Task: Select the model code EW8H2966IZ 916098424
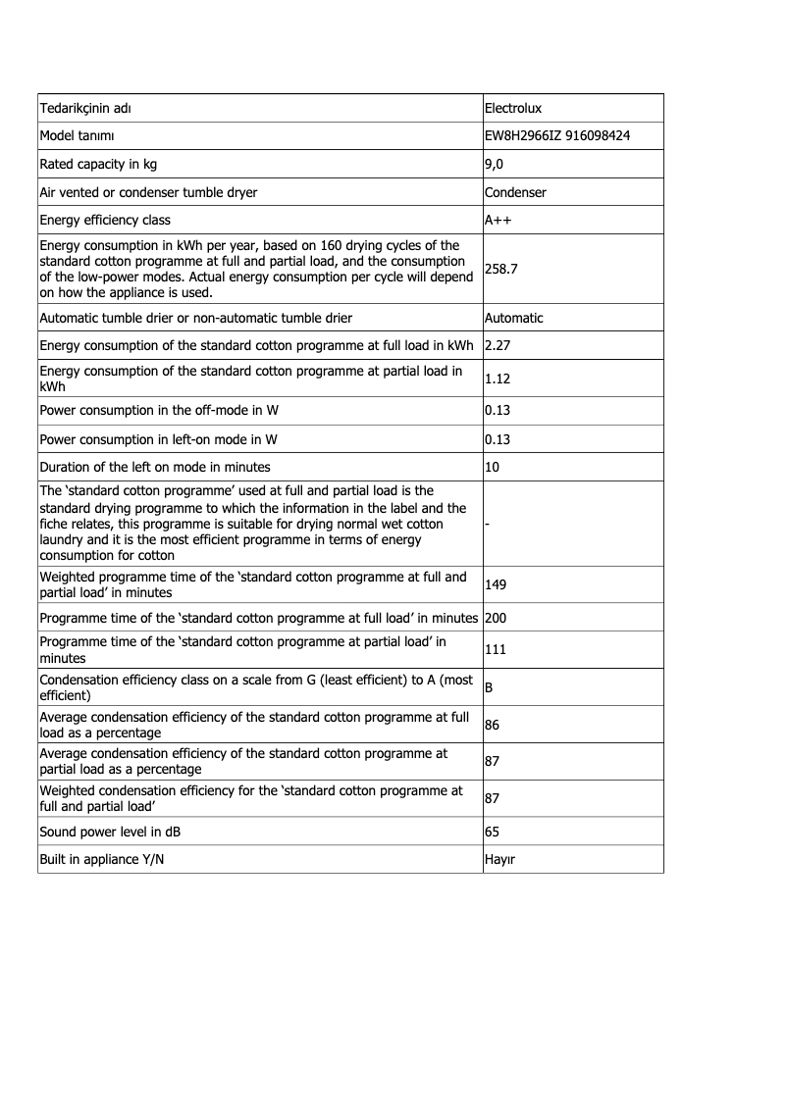click(x=557, y=135)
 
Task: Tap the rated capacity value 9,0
click(x=494, y=164)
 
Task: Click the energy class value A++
click(x=498, y=220)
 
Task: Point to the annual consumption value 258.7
click(x=501, y=267)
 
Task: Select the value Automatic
click(x=513, y=318)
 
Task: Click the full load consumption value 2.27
click(x=498, y=345)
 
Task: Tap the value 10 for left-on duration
click(x=493, y=467)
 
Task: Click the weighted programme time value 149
click(x=496, y=584)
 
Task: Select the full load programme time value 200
click(x=496, y=618)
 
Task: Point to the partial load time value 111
click(x=496, y=649)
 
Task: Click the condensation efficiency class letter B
click(x=490, y=687)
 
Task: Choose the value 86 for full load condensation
click(x=493, y=725)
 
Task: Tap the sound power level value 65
click(x=493, y=832)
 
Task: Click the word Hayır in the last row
click(x=500, y=859)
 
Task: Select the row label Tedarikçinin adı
click(x=84, y=107)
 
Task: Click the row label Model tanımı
click(x=77, y=135)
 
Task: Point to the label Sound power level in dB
click(x=110, y=832)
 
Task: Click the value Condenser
click(x=515, y=192)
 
